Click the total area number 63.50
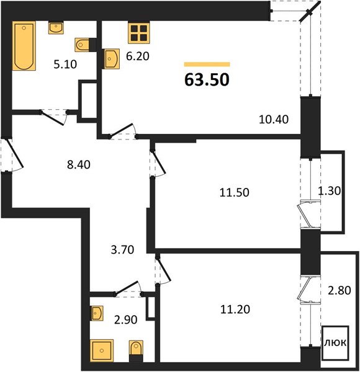tap(207, 80)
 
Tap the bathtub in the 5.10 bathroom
tap(24, 46)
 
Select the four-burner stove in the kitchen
tap(139, 33)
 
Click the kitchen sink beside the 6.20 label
tap(112, 59)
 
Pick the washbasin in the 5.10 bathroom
tap(56, 27)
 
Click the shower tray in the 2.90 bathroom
tap(102, 350)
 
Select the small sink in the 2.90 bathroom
tap(97, 313)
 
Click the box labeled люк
tap(335, 343)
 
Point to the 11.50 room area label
tap(235, 192)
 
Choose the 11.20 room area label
tap(235, 309)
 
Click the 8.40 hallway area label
tap(79, 165)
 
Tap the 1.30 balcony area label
tap(329, 190)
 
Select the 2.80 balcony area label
tap(340, 290)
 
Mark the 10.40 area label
tap(274, 119)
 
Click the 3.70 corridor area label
tap(122, 250)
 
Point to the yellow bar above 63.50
tap(207, 64)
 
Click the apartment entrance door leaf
tap(14, 153)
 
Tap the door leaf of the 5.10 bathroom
tap(52, 118)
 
